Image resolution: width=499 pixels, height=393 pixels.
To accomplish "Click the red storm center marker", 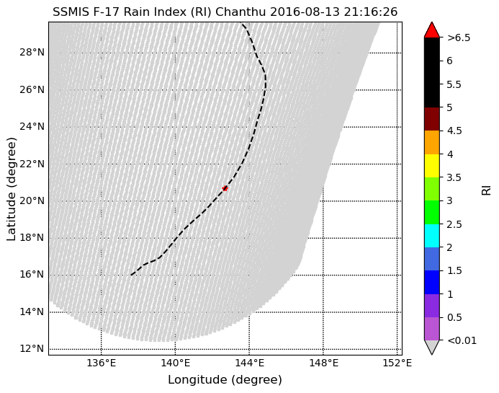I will (x=225, y=188).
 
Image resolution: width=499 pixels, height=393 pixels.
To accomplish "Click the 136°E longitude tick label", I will (x=101, y=363).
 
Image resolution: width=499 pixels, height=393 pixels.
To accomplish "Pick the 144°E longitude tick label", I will (x=248, y=363).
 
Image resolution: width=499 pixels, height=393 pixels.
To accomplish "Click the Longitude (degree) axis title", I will (x=225, y=380).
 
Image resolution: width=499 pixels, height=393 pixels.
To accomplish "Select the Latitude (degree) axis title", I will (x=12, y=188).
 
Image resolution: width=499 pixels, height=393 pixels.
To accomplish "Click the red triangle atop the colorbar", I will (x=432, y=30).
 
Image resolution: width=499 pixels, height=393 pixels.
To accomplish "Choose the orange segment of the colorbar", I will (x=432, y=142).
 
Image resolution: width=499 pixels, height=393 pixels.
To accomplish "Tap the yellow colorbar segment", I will (x=432, y=165).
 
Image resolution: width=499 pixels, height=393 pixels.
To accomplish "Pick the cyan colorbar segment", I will (x=432, y=235).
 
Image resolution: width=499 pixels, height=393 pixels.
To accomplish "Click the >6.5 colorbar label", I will (x=459, y=37).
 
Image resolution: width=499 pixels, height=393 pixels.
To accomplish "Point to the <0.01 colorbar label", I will (x=462, y=340).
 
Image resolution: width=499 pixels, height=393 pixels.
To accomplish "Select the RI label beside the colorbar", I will (x=487, y=188).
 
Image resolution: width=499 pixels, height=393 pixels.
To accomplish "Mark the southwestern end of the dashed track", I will (x=132, y=275).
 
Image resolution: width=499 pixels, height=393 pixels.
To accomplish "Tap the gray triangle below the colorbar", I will (x=432, y=347).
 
